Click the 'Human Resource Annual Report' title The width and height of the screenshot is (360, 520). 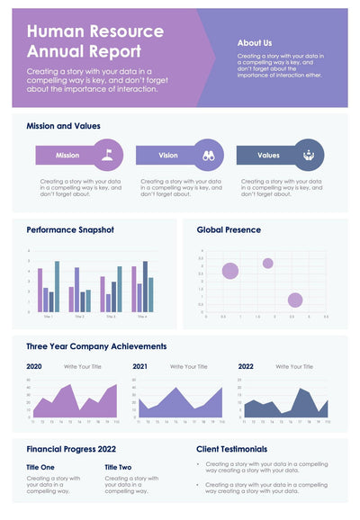pyautogui.click(x=94, y=41)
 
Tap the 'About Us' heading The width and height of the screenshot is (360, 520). pyautogui.click(x=255, y=42)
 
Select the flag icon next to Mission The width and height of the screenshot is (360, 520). pyautogui.click(x=108, y=155)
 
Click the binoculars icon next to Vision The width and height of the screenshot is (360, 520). pyautogui.click(x=208, y=155)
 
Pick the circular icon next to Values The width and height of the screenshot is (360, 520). pyautogui.click(x=309, y=155)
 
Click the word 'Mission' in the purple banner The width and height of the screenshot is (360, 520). pyautogui.click(x=67, y=156)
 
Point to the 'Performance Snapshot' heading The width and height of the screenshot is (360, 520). pyautogui.click(x=70, y=229)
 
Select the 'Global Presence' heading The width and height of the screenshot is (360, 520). pyautogui.click(x=229, y=229)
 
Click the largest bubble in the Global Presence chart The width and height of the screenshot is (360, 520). pyautogui.click(x=230, y=271)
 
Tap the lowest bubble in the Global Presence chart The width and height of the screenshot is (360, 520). pyautogui.click(x=294, y=300)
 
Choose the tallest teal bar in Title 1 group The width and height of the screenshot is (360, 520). pyautogui.click(x=57, y=287)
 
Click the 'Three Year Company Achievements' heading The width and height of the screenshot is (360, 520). pyautogui.click(x=96, y=345)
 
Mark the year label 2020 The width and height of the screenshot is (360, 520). pyautogui.click(x=34, y=367)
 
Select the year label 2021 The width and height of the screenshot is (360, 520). pyautogui.click(x=140, y=367)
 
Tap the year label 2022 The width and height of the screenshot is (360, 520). pyautogui.click(x=246, y=367)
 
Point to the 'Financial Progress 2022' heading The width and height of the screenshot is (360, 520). pyautogui.click(x=71, y=448)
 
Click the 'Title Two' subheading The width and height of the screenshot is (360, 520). pyautogui.click(x=118, y=467)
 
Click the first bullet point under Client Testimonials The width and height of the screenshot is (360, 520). pyautogui.click(x=260, y=467)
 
